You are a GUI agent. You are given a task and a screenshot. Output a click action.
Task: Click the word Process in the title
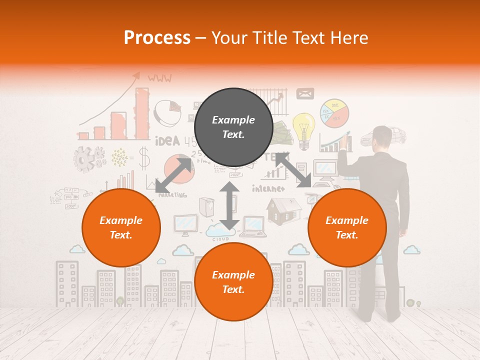pyautogui.click(x=157, y=38)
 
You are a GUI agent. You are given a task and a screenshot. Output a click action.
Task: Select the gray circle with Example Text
pyautogui.click(x=233, y=127)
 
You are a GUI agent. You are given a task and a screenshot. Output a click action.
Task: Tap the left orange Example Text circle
pyautogui.click(x=121, y=227)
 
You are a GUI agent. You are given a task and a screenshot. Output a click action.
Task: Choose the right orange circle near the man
pyautogui.click(x=347, y=227)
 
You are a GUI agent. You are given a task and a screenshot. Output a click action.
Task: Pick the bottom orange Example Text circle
pyautogui.click(x=233, y=282)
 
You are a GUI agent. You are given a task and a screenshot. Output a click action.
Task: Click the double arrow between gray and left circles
pyautogui.click(x=173, y=175)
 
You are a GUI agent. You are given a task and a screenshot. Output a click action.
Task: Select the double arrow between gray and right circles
pyautogui.click(x=293, y=170)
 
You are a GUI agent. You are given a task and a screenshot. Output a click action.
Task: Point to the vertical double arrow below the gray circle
pyautogui.click(x=229, y=205)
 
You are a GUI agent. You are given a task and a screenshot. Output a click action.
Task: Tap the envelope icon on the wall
pyautogui.click(x=304, y=93)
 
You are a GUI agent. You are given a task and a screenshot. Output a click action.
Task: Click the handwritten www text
pyautogui.click(x=159, y=77)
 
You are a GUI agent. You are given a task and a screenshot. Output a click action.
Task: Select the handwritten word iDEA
pyautogui.click(x=167, y=141)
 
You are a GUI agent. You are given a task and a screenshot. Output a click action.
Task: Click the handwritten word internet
pyautogui.click(x=268, y=188)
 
